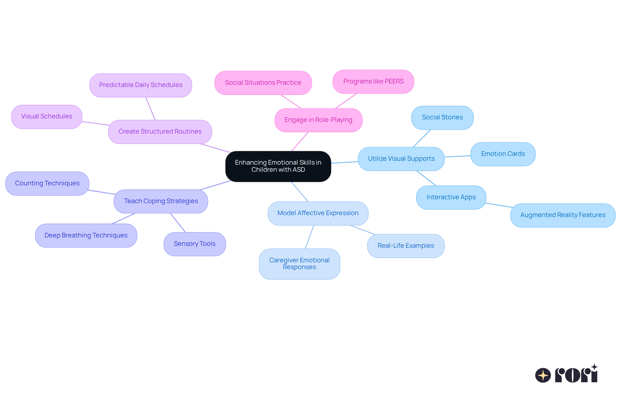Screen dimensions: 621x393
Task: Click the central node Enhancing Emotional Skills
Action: [x=278, y=166]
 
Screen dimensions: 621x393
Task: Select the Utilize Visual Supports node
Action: [x=401, y=159]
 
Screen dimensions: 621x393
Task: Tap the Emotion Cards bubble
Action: [x=503, y=154]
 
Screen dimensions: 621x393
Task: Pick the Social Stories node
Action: [x=442, y=117]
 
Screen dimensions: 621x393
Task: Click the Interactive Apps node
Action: [x=451, y=197]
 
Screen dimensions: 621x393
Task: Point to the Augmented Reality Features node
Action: [x=562, y=215]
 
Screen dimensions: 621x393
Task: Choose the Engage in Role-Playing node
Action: [x=318, y=120]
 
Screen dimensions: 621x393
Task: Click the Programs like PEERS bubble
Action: [x=373, y=82]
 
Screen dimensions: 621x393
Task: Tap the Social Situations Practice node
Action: [x=263, y=83]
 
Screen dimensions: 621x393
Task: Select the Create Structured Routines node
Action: [x=160, y=132]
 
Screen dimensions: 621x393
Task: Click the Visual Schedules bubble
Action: [x=47, y=116]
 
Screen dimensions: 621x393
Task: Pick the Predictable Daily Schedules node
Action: [x=141, y=85]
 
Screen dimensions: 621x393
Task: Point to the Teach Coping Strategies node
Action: [x=161, y=201]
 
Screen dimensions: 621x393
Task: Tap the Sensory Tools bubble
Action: [x=194, y=244]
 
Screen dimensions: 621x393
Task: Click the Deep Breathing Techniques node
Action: [x=86, y=235]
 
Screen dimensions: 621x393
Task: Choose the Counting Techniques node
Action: [x=47, y=183]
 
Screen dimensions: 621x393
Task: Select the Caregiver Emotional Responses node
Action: [x=299, y=264]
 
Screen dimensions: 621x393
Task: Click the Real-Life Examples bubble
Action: [x=406, y=246]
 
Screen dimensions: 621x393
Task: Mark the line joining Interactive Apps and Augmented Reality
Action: [x=499, y=205]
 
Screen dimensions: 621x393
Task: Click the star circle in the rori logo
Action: [x=543, y=375]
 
